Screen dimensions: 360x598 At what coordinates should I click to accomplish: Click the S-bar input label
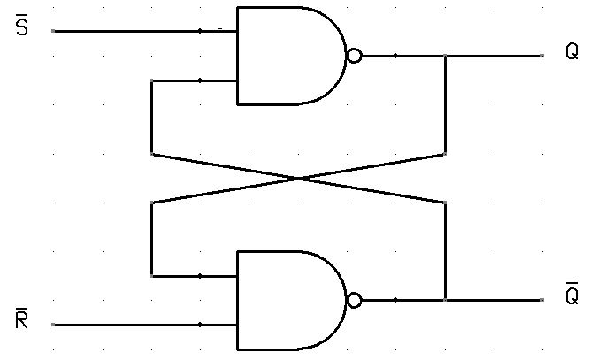(x=22, y=29)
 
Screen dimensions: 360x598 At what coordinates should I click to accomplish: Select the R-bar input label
(x=22, y=320)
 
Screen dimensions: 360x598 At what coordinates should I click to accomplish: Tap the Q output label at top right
(x=571, y=52)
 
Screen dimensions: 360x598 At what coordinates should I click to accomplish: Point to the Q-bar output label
(x=571, y=295)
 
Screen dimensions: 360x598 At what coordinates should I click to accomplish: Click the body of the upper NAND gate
(x=283, y=56)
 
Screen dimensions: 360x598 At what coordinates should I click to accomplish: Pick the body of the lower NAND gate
(x=283, y=300)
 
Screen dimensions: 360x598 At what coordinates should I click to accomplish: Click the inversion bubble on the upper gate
(x=354, y=56)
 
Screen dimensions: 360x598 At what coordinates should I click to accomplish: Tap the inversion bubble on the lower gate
(x=354, y=300)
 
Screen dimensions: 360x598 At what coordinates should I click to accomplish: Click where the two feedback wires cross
(x=299, y=179)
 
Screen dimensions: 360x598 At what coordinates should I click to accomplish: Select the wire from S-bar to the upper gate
(x=133, y=31)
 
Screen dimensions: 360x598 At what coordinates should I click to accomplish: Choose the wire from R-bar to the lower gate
(x=133, y=325)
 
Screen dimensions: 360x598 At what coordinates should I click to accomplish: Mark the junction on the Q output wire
(x=445, y=56)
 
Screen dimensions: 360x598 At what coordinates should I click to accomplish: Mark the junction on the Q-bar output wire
(x=445, y=300)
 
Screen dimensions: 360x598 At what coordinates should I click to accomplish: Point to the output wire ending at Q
(x=495, y=56)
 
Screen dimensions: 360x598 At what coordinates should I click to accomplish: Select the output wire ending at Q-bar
(x=495, y=300)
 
